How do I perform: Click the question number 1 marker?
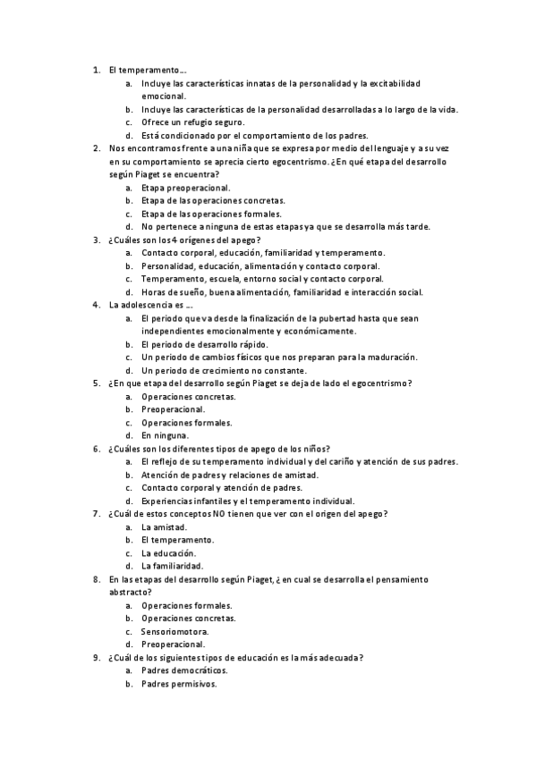coord(96,69)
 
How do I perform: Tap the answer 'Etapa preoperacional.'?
coord(185,188)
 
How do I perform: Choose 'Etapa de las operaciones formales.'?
coord(211,214)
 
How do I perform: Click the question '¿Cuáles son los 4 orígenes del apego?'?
coord(184,240)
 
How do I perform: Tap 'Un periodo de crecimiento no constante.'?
coord(224,370)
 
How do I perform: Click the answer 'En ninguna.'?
coord(165,435)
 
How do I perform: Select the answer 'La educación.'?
coord(169,553)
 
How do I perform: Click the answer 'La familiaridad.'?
coord(172,566)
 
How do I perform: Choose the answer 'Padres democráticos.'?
coord(184,670)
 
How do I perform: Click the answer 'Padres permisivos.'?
coord(179,684)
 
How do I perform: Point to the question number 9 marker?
coord(96,658)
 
